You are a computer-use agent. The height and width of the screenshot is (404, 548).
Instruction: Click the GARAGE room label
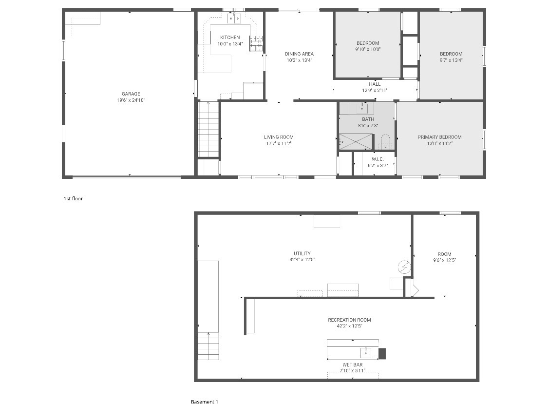[x=131, y=94]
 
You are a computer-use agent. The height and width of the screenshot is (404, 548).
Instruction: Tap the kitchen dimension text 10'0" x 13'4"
[x=230, y=44]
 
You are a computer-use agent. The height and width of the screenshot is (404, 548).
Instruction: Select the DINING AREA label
[x=299, y=54]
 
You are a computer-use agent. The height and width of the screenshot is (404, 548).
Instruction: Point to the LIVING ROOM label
[x=279, y=137]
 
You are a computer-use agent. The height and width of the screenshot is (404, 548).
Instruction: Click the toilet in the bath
[x=385, y=141]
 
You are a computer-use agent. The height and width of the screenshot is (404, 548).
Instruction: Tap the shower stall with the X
[x=356, y=142]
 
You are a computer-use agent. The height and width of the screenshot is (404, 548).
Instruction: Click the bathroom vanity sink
[x=362, y=109]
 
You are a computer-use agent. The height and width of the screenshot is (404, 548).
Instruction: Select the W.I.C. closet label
[x=378, y=159]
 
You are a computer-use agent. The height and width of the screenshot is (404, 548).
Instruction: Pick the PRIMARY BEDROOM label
[x=439, y=137]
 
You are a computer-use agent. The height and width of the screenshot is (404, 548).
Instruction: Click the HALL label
[x=375, y=84]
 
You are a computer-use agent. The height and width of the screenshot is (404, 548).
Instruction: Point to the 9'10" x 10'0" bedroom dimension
[x=368, y=49]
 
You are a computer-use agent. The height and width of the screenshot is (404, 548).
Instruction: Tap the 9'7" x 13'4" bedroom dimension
[x=451, y=60]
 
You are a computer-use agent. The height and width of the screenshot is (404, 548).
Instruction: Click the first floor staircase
[x=208, y=129]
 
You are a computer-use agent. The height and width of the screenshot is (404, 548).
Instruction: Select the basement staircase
[x=208, y=346]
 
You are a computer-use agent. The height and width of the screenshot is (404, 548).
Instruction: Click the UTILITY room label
[x=302, y=253]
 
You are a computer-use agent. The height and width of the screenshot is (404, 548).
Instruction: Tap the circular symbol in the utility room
[x=404, y=267]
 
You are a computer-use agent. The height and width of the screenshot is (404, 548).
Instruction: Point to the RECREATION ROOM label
[x=349, y=320]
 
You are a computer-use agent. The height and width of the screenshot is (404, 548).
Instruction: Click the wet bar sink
[x=365, y=352]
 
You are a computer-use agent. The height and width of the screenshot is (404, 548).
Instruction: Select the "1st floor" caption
[x=73, y=199]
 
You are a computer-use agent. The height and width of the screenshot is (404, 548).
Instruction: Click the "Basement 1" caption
[x=205, y=402]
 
